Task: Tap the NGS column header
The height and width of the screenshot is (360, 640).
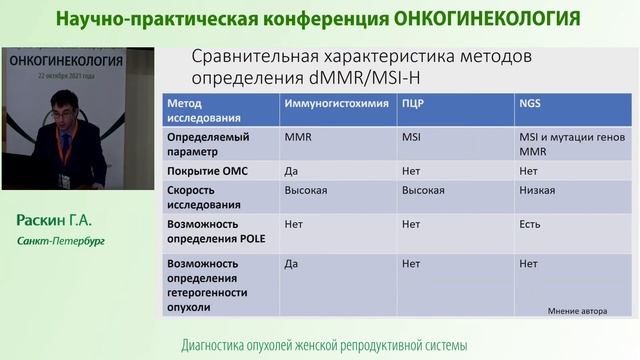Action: click(529, 104)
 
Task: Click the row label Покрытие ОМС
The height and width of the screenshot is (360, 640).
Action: click(207, 171)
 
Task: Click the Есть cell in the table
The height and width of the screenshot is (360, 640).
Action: click(530, 224)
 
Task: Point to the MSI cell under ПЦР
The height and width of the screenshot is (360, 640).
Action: click(411, 136)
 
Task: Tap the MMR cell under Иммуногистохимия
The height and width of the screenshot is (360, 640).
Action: click(297, 136)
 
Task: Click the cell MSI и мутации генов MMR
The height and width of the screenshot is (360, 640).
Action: click(567, 143)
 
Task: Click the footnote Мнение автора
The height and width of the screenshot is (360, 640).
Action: click(577, 311)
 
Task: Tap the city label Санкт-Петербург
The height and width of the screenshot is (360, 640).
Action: click(60, 241)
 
